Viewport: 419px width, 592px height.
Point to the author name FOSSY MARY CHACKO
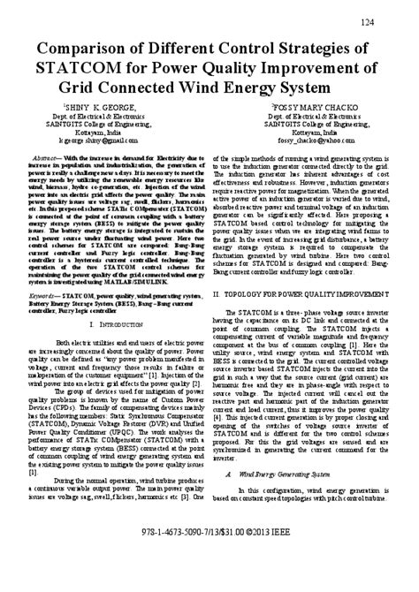pyautogui.click(x=305, y=107)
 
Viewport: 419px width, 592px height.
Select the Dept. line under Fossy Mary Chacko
pyautogui.click(x=305, y=115)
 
